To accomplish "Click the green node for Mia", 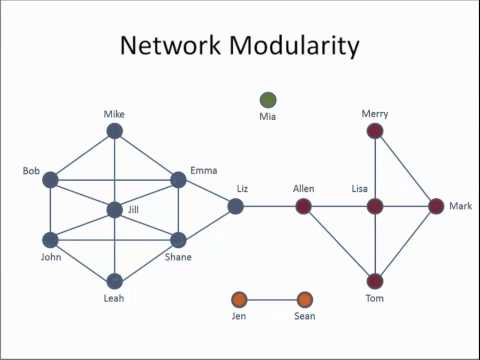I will coord(268,100).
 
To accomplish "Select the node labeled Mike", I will coord(115,131).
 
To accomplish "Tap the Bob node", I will coord(51,180).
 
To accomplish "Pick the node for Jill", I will coord(115,210).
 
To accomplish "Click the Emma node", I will coord(178,180).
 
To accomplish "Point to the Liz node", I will coord(236,207).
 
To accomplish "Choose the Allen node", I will coord(303,207).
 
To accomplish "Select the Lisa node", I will coord(375,207).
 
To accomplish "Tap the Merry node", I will coord(375,131).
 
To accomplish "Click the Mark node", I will coord(436,207).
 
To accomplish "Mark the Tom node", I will coord(375,281).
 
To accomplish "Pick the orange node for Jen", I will coord(239,299).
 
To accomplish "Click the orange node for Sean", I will coord(305,299).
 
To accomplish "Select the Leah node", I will coord(115,281).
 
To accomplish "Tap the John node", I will coord(51,240).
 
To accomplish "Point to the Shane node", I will coord(178,240).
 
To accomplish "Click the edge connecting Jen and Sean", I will coord(272,299).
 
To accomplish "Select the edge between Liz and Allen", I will coord(270,207).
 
